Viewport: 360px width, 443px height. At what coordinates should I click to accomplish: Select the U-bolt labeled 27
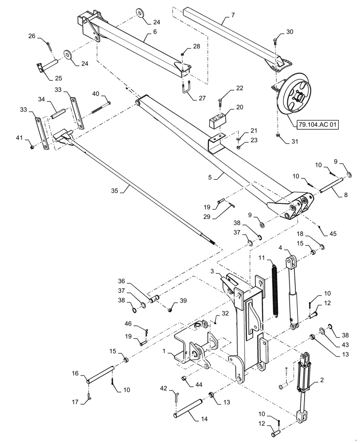pos(187,91)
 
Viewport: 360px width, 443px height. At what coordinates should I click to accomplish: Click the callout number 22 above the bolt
pos(239,89)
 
